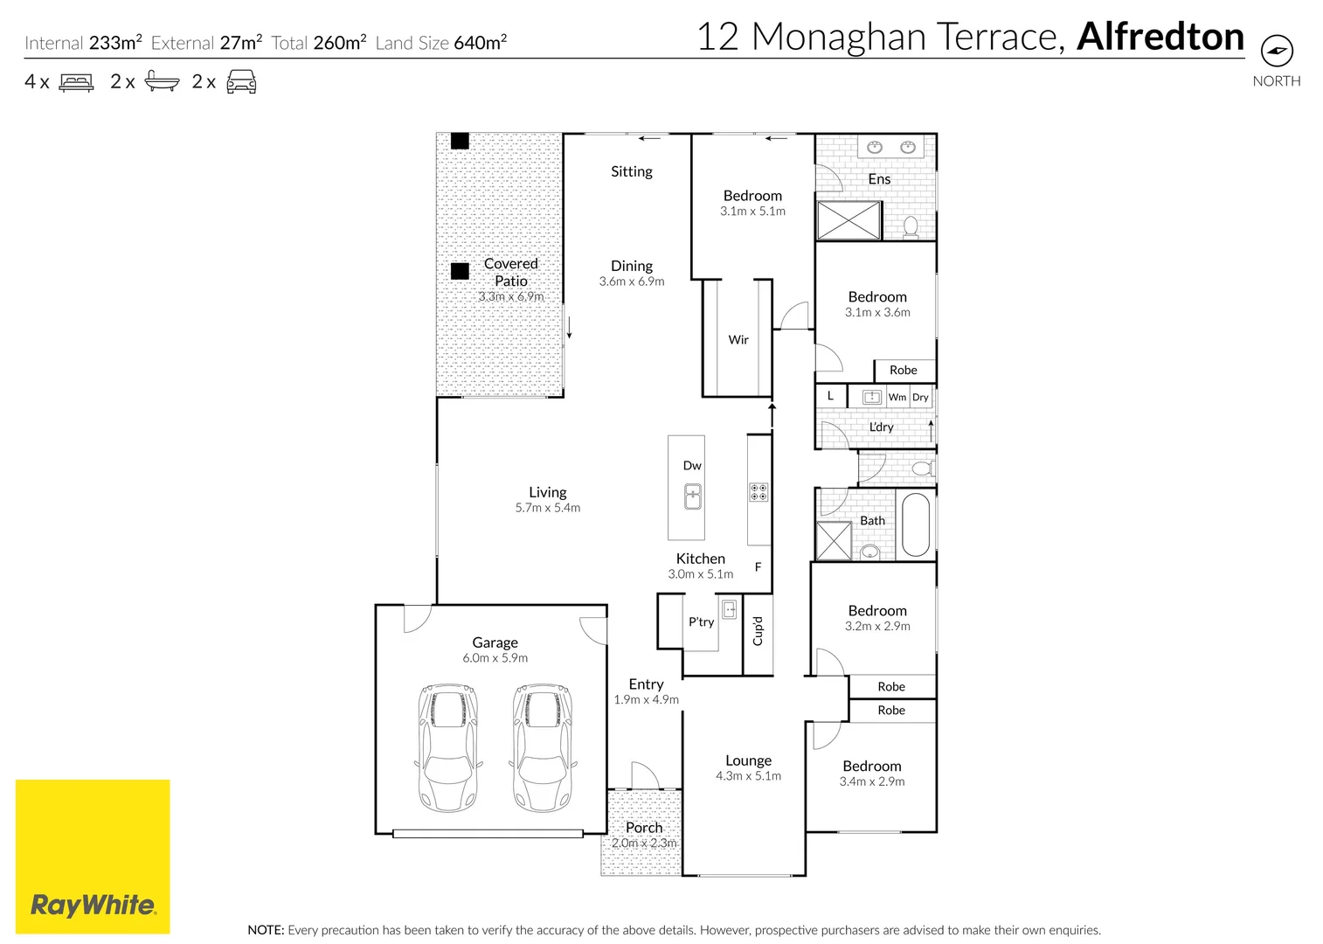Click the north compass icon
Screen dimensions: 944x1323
coord(1277,50)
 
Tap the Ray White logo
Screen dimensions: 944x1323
coord(93,904)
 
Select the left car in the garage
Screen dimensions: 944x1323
coord(448,748)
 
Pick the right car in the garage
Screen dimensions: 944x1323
coord(544,748)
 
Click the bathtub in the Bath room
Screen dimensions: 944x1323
coord(915,524)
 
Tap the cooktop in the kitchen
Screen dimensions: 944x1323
coord(758,492)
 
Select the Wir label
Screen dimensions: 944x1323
coord(738,340)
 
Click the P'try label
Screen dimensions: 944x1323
coord(701,622)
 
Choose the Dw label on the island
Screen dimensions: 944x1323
coord(692,466)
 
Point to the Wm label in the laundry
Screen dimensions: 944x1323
coord(897,397)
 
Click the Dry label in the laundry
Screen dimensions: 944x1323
coord(920,397)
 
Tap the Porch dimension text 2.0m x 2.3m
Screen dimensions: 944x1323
coord(644,843)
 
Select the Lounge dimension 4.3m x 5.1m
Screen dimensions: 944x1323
coord(748,776)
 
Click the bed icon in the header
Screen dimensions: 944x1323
coord(76,83)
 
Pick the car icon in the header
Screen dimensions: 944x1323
coord(241,83)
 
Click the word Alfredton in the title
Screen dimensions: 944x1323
coord(1160,37)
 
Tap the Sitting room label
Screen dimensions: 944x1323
coord(631,172)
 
